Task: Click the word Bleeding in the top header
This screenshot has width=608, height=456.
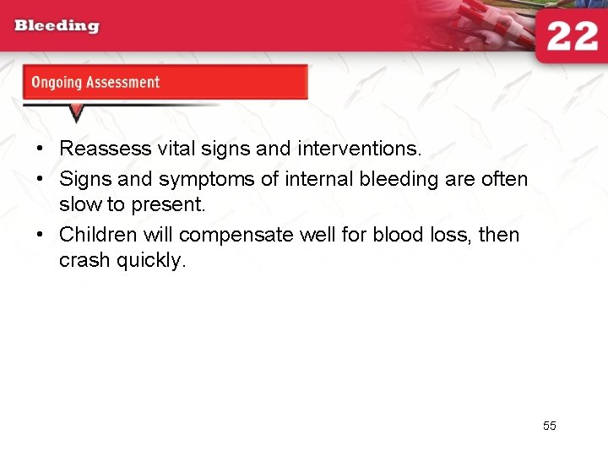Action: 57,25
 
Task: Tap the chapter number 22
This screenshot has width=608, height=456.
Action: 572,36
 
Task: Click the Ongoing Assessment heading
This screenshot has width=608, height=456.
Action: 95,83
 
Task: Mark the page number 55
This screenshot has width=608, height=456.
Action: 550,426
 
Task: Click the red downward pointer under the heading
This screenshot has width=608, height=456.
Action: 76,112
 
